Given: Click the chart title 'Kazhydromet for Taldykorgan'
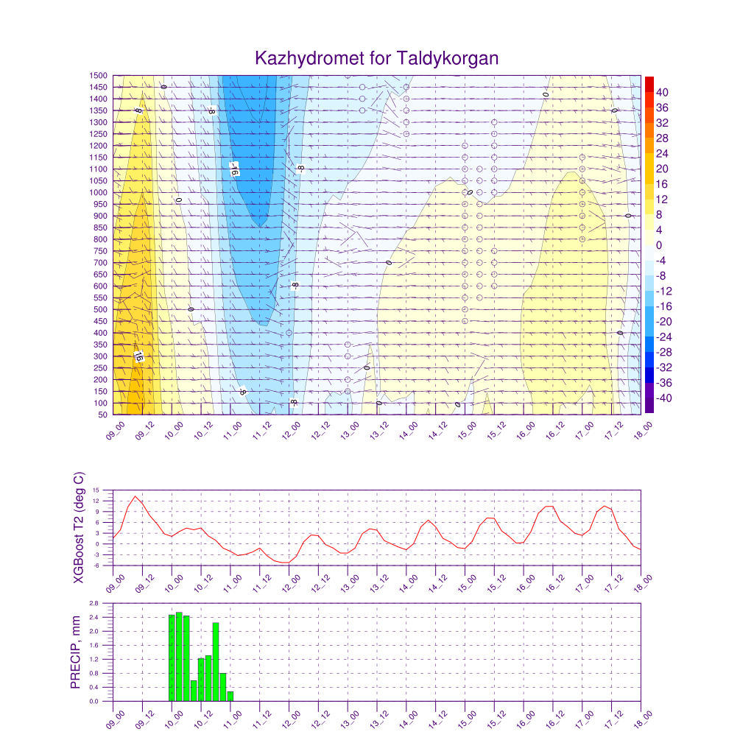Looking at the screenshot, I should (377, 58).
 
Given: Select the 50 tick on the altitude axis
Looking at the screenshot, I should (103, 415).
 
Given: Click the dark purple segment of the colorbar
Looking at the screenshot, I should (649, 405).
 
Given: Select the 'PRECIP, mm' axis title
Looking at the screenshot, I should (75, 652).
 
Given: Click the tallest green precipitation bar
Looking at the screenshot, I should (179, 657).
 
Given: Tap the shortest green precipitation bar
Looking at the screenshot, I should (230, 697).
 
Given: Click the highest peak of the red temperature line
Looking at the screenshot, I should (135, 496).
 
